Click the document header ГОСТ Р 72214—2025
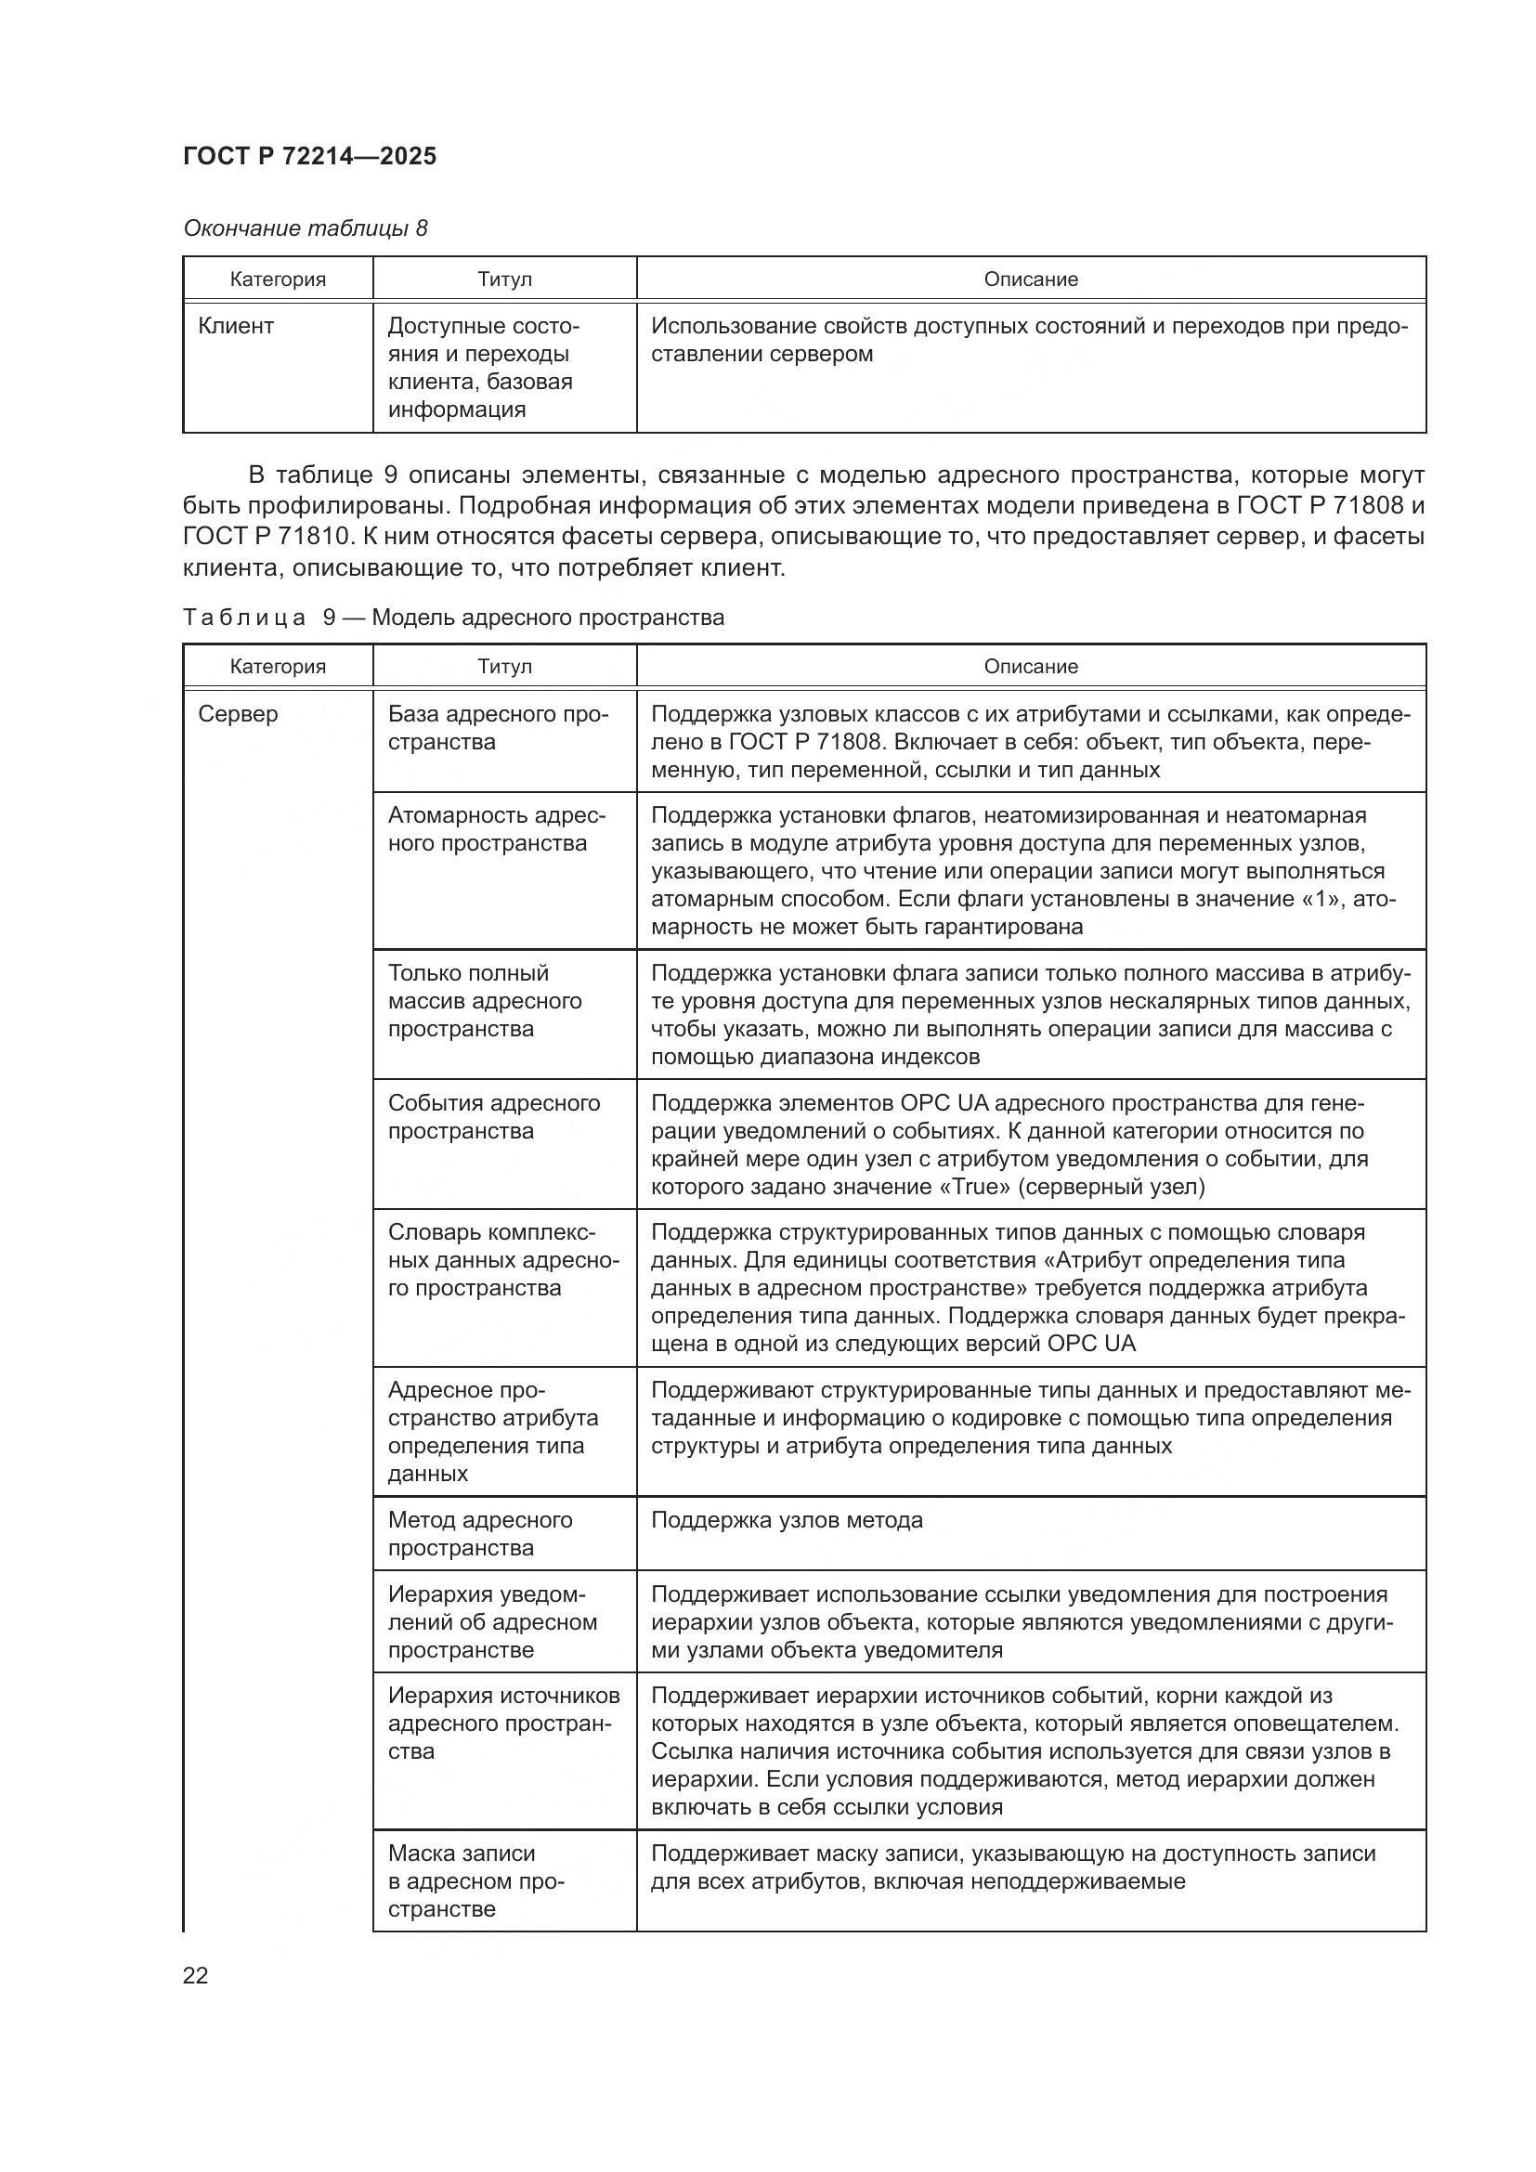coord(309,156)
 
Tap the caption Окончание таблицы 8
coord(305,228)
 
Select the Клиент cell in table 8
coord(236,326)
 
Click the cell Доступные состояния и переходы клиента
coord(482,367)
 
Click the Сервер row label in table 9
coord(239,713)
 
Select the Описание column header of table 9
coord(1030,666)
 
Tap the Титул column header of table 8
coord(504,280)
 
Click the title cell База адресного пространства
coord(498,727)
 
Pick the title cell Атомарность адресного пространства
coord(497,828)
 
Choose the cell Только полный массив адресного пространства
coord(484,1001)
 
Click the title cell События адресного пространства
coord(494,1116)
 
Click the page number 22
coord(195,1975)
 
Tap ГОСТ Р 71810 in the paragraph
coord(264,537)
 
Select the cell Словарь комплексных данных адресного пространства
coord(503,1260)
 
